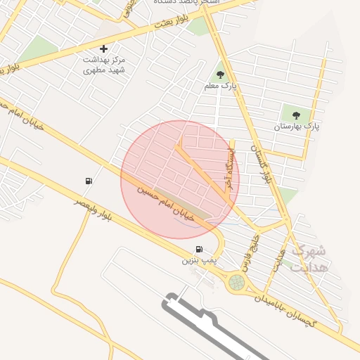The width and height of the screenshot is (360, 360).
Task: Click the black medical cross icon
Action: click(x=104, y=49)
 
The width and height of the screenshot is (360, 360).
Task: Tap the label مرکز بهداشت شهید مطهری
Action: click(x=103, y=65)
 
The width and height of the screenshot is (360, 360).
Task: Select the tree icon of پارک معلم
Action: click(x=220, y=74)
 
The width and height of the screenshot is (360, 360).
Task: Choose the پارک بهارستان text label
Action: click(x=296, y=127)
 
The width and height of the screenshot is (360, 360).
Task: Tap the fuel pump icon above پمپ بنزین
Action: click(x=200, y=249)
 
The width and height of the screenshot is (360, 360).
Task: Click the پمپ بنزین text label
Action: click(x=198, y=260)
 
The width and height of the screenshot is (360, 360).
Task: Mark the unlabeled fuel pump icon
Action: click(x=88, y=181)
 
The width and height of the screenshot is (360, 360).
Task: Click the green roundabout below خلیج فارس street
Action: click(x=237, y=283)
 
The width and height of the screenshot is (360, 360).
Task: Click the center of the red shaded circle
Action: click(x=180, y=179)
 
